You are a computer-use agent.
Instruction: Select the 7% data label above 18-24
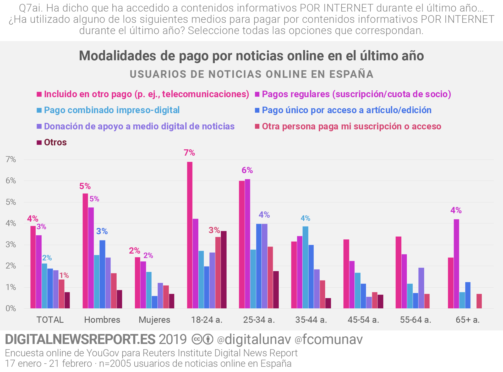189,152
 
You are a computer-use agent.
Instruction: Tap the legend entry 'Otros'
55,142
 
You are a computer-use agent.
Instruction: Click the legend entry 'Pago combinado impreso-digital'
112,110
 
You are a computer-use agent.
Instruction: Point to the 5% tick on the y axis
11,202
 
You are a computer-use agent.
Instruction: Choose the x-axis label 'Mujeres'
154,320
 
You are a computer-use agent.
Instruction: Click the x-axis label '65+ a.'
468,320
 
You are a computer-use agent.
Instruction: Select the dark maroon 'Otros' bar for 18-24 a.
223,270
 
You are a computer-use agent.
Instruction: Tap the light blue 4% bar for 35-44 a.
305,267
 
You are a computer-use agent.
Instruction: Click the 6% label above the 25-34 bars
247,170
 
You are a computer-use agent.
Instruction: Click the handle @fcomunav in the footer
329,339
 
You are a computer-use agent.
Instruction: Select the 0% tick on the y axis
11,308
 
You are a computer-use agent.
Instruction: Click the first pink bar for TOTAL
33,267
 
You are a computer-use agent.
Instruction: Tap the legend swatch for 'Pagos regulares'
257,94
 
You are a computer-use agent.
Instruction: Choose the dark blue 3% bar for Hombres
102,274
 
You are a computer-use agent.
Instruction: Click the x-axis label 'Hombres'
102,320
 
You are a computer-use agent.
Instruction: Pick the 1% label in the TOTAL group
64,275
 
